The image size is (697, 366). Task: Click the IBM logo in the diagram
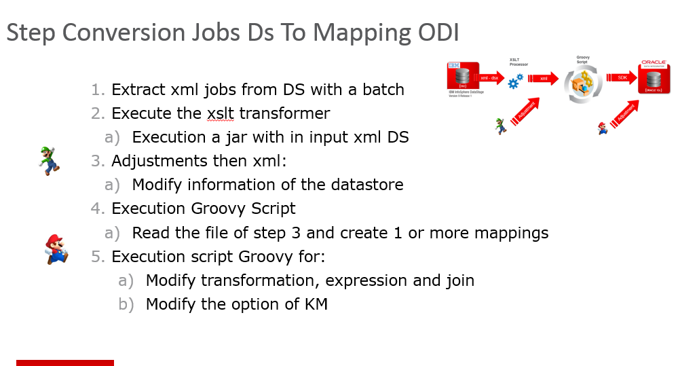point(454,65)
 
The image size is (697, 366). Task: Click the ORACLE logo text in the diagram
point(654,62)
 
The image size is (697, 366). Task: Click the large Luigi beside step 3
point(49,160)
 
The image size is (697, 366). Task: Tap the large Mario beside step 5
point(56,249)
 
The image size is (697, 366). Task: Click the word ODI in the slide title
point(437,33)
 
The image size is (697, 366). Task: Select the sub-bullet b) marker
point(126,304)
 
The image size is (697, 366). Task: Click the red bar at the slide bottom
point(65,363)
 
